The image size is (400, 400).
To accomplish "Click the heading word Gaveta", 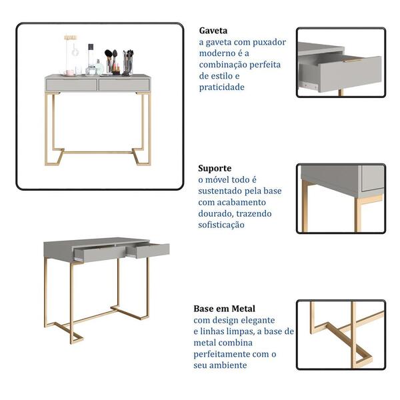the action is click(x=213, y=31).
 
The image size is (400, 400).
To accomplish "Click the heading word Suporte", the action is click(x=215, y=169).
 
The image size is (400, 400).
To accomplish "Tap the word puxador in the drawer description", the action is click(x=269, y=43).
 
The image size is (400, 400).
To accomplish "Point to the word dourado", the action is click(x=215, y=213).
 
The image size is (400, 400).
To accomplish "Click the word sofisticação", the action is click(x=221, y=225).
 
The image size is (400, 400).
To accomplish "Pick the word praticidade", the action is click(x=222, y=87).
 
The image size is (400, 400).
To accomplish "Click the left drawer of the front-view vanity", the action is click(x=71, y=85).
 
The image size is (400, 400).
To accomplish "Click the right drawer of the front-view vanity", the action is click(x=124, y=85).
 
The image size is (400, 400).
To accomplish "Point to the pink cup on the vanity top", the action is click(x=70, y=73).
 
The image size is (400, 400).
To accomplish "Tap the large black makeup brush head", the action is click(x=108, y=53).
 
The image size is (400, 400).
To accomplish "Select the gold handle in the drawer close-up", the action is click(x=353, y=61).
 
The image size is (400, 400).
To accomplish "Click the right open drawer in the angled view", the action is click(x=149, y=251).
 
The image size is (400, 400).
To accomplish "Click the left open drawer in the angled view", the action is click(x=100, y=253).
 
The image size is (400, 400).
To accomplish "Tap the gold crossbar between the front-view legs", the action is click(x=98, y=152).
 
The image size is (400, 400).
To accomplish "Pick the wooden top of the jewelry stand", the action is click(x=71, y=37).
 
